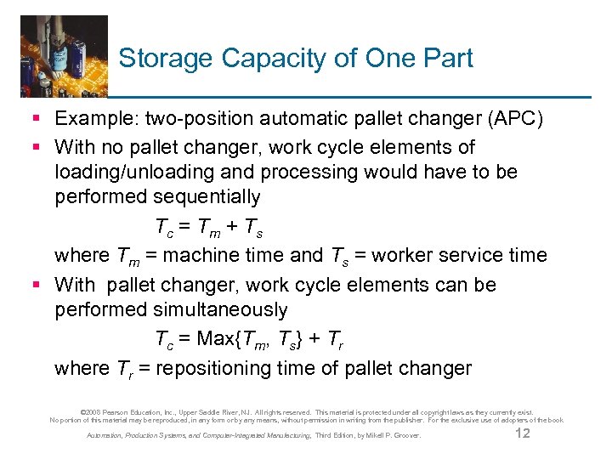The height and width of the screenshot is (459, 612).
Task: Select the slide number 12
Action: pos(523,434)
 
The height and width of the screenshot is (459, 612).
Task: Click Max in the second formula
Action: pos(215,338)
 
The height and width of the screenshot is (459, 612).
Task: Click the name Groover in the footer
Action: pos(405,436)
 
